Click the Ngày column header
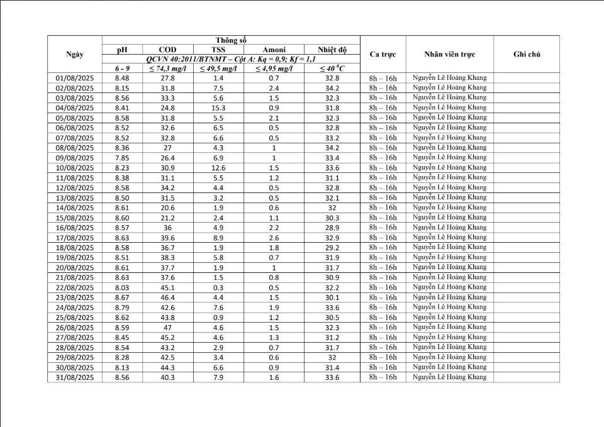pos(75,54)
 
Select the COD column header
pos(167,50)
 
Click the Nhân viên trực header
pos(449,54)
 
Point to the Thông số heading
pos(230,40)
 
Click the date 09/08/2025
pos(75,158)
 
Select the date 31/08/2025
pos(75,377)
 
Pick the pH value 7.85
pos(122,158)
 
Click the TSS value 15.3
pos(218,108)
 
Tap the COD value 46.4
pos(167,297)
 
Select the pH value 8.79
pos(122,308)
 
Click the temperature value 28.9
pos(332,228)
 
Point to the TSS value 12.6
pos(218,168)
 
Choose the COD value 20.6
pos(167,208)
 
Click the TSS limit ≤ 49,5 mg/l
pos(218,69)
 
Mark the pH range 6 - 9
pos(122,69)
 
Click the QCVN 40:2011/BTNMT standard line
pos(230,59)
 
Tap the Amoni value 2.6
pos(274,238)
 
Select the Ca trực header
pos(383,54)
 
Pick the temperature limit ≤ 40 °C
pos(332,69)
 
